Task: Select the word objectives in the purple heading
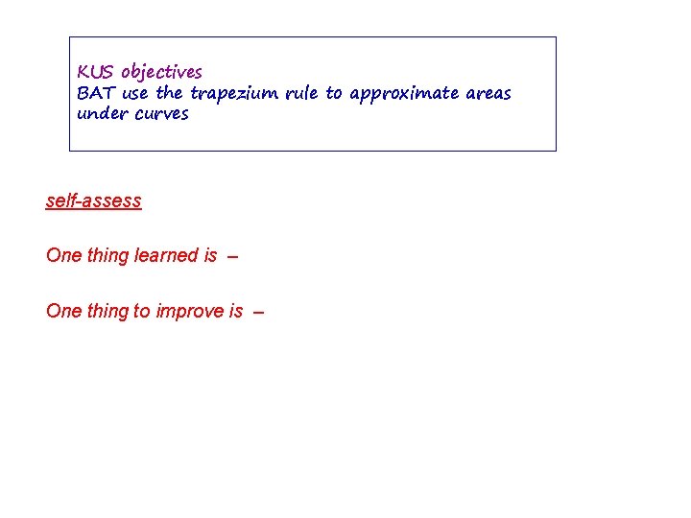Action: pos(161,73)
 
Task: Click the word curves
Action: pos(162,114)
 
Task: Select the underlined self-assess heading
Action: pos(93,201)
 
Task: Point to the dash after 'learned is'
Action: pos(233,257)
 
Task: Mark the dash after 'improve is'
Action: pos(258,313)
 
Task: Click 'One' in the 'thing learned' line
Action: pos(63,256)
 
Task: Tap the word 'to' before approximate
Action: pos(335,93)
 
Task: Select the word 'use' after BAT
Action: pos(135,93)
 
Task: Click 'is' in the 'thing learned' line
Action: pos(210,256)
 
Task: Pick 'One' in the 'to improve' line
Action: pos(63,312)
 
